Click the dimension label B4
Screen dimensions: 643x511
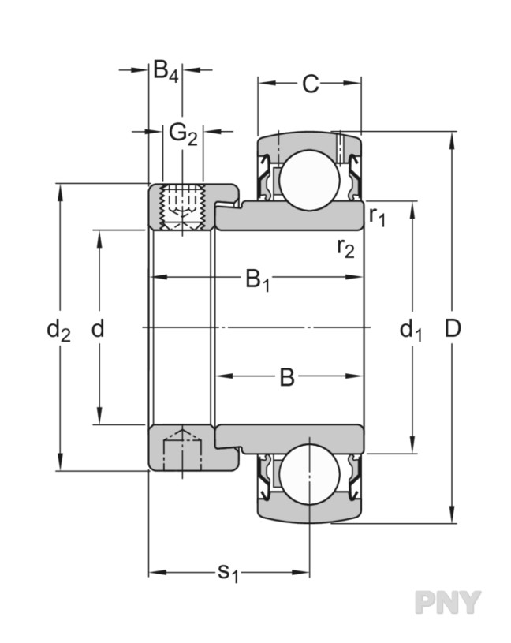(x=166, y=72)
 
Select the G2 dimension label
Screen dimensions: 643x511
(x=182, y=134)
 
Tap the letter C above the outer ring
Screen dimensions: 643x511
(x=311, y=84)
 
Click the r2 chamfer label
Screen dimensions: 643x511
(x=345, y=249)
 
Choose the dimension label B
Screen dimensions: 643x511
(x=287, y=378)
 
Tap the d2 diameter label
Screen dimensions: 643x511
(x=58, y=330)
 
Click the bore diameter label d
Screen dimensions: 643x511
(x=98, y=329)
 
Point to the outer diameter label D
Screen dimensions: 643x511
(x=452, y=329)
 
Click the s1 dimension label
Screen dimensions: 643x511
(x=227, y=572)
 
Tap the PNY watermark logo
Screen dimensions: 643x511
(x=447, y=602)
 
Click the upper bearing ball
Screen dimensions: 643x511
(x=310, y=180)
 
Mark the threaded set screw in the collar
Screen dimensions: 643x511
(x=182, y=207)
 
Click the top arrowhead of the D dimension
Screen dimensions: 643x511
(x=452, y=140)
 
